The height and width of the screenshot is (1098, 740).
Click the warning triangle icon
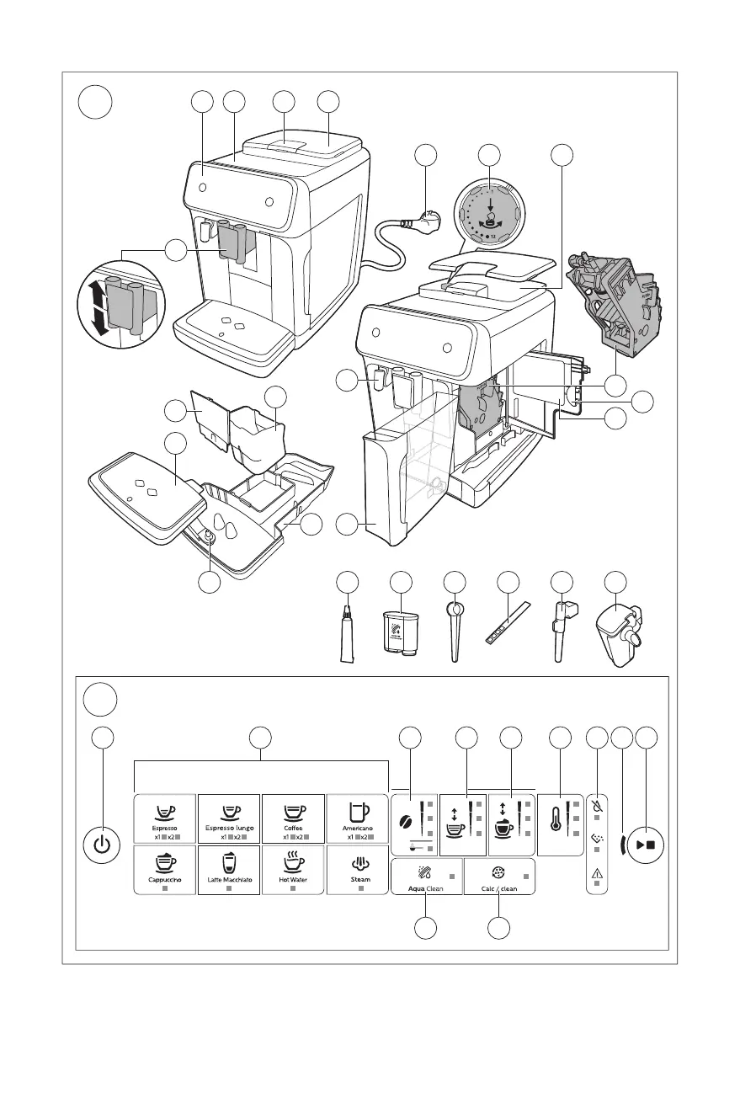[x=596, y=873]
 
